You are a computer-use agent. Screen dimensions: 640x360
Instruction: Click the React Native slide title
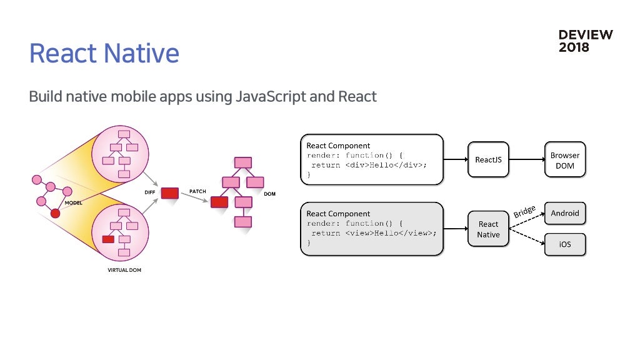pyautogui.click(x=104, y=54)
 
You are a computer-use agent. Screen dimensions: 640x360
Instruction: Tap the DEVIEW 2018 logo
pyautogui.click(x=585, y=41)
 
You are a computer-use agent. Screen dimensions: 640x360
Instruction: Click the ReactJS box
pyautogui.click(x=488, y=159)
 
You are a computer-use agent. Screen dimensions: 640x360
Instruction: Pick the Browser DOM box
pyautogui.click(x=565, y=159)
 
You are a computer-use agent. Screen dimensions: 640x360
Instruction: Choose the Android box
pyautogui.click(x=565, y=213)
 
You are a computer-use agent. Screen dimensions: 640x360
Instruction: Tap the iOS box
pyautogui.click(x=565, y=244)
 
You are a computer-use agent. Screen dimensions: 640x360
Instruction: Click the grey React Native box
pyautogui.click(x=488, y=229)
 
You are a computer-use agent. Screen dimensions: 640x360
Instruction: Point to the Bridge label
pyautogui.click(x=524, y=212)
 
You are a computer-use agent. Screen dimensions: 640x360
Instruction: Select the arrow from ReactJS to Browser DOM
pyautogui.click(x=527, y=159)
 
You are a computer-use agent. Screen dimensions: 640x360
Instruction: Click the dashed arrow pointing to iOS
pyautogui.click(x=527, y=237)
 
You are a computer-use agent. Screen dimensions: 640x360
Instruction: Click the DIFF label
pyautogui.click(x=150, y=192)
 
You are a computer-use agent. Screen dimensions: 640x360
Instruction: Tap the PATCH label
pyautogui.click(x=197, y=191)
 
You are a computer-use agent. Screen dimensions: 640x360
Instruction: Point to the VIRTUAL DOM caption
pyautogui.click(x=124, y=270)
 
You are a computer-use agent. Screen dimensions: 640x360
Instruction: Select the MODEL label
pyautogui.click(x=74, y=203)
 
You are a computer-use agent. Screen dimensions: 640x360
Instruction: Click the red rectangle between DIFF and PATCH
pyautogui.click(x=170, y=193)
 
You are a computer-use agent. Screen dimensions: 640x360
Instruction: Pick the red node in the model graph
pyautogui.click(x=56, y=213)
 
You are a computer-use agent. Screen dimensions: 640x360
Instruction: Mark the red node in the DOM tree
pyautogui.click(x=219, y=202)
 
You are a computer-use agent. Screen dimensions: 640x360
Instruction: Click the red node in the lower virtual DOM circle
pyautogui.click(x=108, y=239)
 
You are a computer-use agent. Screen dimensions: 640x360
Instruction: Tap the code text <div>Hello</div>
pyautogui.click(x=386, y=165)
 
